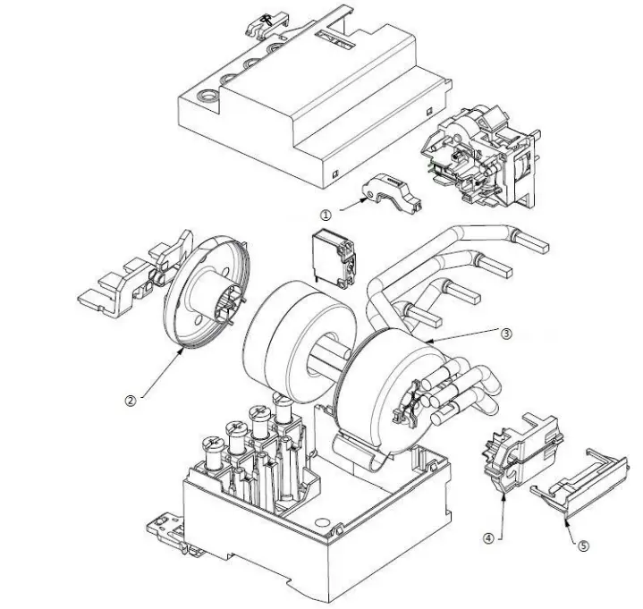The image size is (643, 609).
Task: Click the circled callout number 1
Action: coord(326,215)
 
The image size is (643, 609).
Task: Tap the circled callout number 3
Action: coord(505,333)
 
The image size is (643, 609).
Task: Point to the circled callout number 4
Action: coord(489,538)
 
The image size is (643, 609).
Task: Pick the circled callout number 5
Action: coord(584,545)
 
